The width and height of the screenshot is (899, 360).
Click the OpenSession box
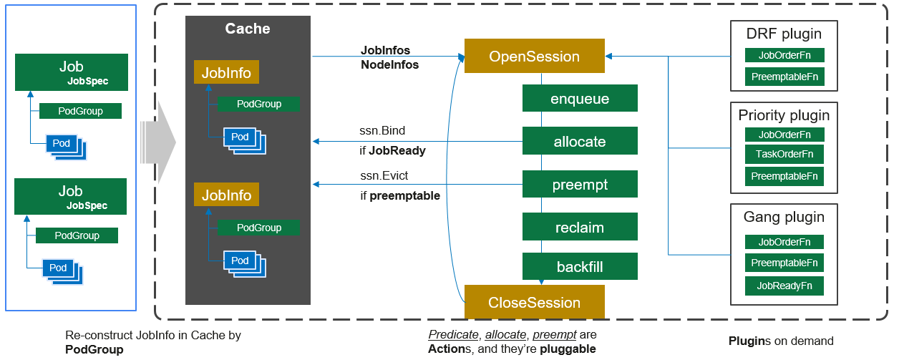(534, 56)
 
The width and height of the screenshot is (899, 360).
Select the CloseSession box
(534, 302)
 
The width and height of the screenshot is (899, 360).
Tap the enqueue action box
(580, 99)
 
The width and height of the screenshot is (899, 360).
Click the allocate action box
(580, 142)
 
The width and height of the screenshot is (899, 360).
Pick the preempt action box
(580, 185)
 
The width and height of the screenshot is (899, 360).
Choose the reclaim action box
(580, 228)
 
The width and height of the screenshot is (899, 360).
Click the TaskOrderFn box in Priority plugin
(784, 154)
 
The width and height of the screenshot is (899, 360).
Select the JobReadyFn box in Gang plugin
(784, 286)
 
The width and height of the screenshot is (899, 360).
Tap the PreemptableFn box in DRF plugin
(784, 77)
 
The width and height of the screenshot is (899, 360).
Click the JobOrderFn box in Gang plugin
(784, 242)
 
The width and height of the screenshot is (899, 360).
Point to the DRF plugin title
(784, 34)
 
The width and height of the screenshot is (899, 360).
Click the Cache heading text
(248, 29)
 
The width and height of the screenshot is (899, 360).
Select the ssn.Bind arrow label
(383, 132)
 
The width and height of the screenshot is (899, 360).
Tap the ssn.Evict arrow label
(384, 175)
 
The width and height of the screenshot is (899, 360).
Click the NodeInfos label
(389, 64)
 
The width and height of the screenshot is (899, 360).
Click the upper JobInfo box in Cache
(226, 72)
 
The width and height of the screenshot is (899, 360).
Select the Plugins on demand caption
(781, 341)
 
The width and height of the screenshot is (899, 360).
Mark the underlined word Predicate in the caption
(454, 335)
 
